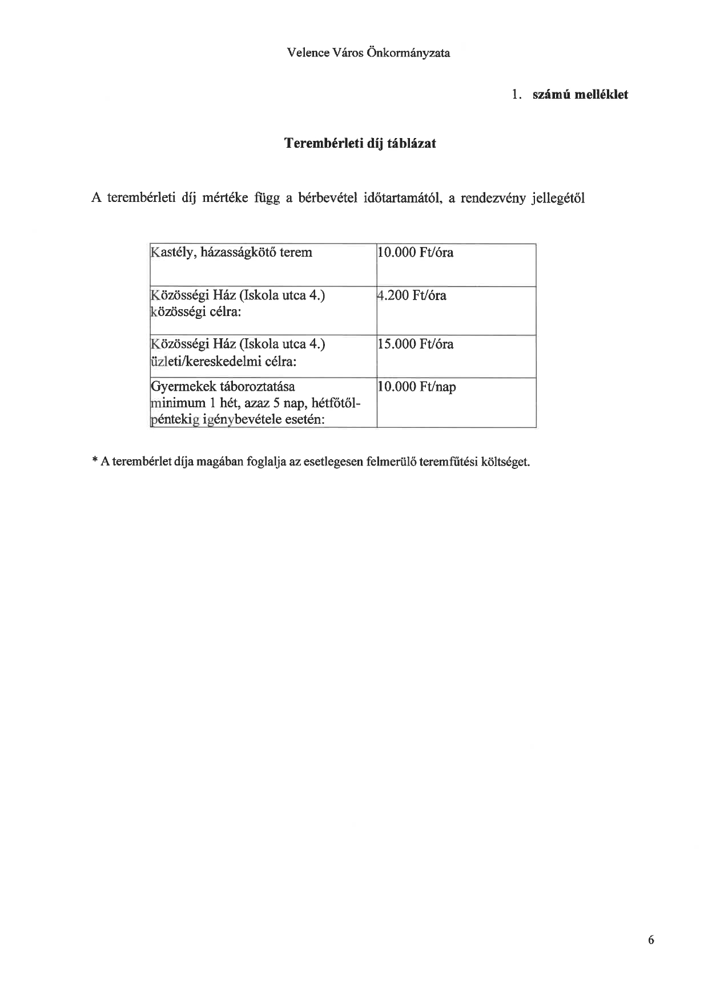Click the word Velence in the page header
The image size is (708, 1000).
(307, 53)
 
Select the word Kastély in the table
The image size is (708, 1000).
(171, 252)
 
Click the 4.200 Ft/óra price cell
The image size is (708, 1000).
(412, 295)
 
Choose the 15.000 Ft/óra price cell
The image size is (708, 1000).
(416, 344)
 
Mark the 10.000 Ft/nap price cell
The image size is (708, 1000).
(417, 387)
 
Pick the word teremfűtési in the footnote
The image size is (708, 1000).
(448, 461)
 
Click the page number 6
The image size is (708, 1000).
(651, 941)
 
